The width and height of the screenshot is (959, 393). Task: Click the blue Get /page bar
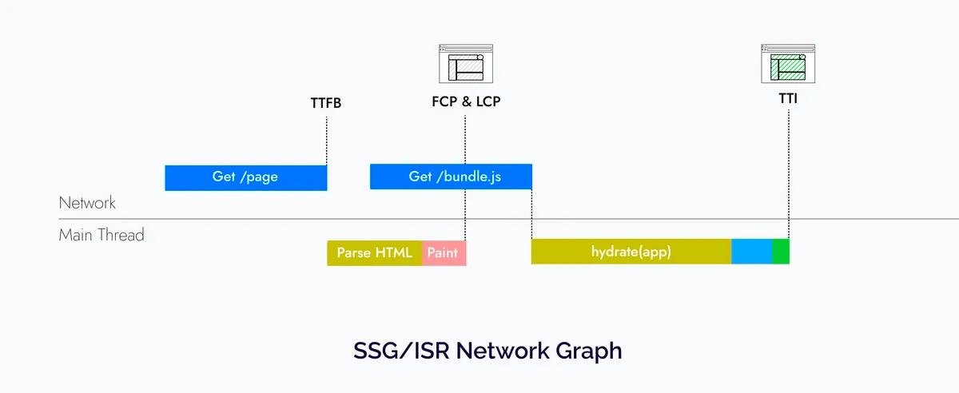245,177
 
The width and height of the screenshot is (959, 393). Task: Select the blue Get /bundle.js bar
451,177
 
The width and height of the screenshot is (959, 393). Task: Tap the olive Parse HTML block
374,253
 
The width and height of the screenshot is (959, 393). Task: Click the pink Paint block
444,253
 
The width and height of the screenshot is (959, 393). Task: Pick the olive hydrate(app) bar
631,252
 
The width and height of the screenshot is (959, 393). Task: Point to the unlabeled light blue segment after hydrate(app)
751,252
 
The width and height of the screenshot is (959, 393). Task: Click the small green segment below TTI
781,252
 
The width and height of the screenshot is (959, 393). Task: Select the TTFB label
326,103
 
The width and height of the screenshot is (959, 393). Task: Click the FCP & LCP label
466,101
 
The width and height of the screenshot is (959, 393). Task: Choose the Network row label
87,203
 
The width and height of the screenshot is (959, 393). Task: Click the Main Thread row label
101,236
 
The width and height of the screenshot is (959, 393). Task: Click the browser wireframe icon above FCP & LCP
466,63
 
